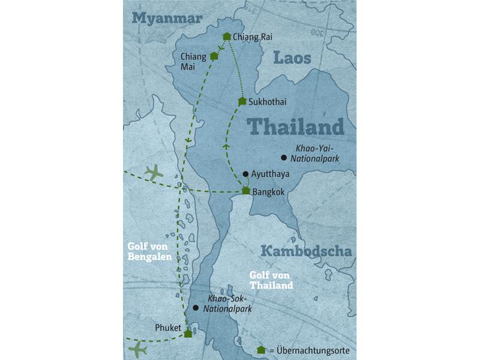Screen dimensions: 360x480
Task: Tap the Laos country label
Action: click(292, 58)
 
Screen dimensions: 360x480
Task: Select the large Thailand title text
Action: click(296, 127)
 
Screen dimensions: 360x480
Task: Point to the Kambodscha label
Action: click(306, 251)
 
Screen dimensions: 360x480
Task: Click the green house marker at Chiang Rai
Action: click(226, 37)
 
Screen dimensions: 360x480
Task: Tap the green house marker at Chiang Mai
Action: click(214, 56)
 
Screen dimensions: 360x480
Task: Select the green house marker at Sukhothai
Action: click(242, 101)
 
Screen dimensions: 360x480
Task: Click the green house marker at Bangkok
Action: click(246, 191)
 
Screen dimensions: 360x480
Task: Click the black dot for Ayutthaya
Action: click(245, 174)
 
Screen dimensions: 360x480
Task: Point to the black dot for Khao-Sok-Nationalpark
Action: click(195, 308)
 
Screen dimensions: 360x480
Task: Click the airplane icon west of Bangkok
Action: click(154, 173)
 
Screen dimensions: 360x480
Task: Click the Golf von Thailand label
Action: click(271, 280)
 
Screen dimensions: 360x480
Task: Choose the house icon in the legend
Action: click(260, 350)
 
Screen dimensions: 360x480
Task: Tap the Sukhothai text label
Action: click(266, 102)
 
